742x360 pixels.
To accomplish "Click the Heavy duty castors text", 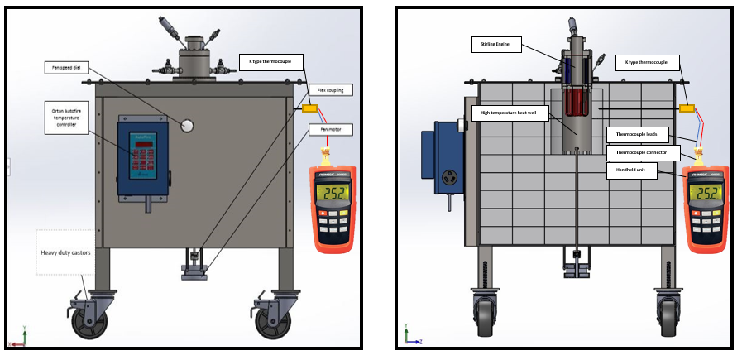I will (67, 252).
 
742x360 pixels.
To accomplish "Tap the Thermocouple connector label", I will (643, 152).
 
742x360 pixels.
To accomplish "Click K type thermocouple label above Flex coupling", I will (270, 61).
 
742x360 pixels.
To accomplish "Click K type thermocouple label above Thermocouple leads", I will (647, 62).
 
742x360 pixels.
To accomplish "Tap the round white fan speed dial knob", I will (187, 126).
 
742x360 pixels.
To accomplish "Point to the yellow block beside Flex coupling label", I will (309, 108).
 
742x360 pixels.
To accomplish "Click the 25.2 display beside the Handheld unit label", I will (706, 194).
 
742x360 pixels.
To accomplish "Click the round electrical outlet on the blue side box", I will (452, 177).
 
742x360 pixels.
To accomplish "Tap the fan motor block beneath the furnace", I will (195, 274).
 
